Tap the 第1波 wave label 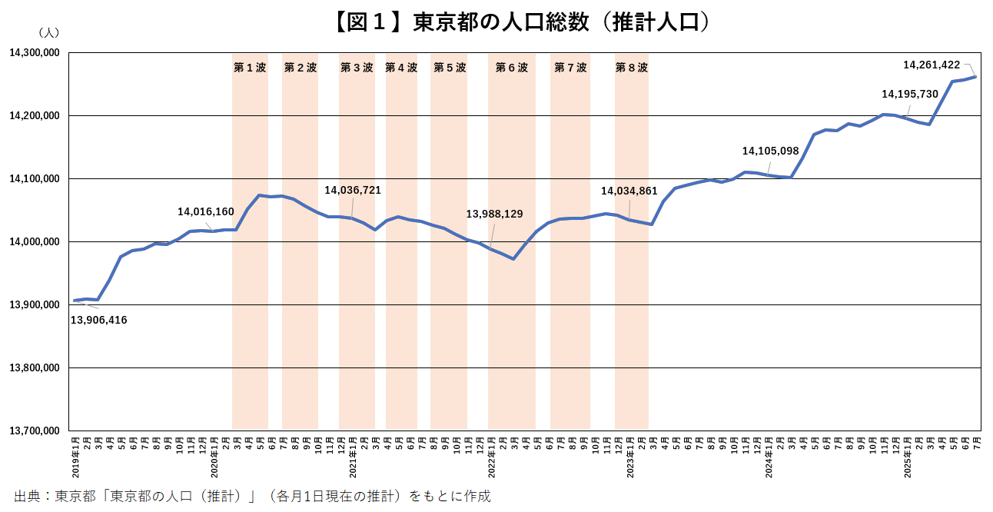250,68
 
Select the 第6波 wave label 512,68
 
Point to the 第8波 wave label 632,68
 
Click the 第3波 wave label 357,68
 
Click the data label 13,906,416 98,320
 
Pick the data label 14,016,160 206,211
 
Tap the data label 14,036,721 353,190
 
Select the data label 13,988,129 495,214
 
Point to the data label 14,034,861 629,191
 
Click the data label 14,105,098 771,151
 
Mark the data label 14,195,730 910,94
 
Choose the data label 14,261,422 932,65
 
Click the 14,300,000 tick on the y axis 35,53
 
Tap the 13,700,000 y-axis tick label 35,431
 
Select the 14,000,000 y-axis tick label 35,242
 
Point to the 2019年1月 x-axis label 75,457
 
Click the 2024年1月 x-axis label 769,457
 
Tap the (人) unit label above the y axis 48,33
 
